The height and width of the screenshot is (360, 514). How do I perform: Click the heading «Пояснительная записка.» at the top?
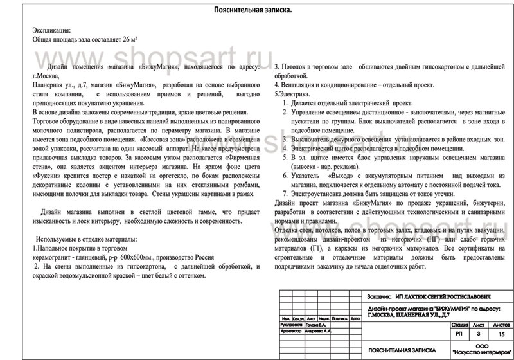[x=256, y=10]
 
